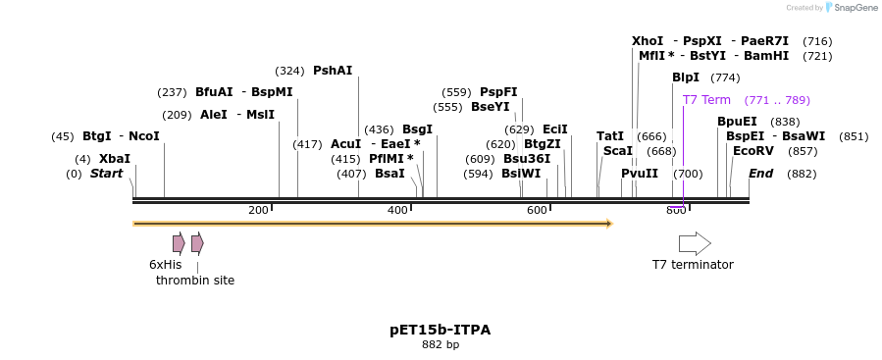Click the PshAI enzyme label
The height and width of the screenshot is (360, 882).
(x=333, y=71)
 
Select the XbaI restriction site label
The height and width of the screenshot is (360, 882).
(x=114, y=159)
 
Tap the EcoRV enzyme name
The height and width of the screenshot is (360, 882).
(x=753, y=151)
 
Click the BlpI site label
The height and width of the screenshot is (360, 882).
(x=686, y=77)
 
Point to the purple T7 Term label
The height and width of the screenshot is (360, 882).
(x=706, y=100)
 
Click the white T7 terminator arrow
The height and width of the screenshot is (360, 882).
(x=695, y=243)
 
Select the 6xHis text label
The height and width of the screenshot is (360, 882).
(x=165, y=265)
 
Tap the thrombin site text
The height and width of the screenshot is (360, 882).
(x=195, y=281)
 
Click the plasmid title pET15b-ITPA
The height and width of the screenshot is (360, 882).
(x=441, y=330)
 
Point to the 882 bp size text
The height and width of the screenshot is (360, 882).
(x=441, y=345)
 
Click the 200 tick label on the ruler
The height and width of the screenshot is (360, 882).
(x=258, y=211)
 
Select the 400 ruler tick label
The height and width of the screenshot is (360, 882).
(x=397, y=211)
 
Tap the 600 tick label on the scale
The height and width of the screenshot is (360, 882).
(x=537, y=211)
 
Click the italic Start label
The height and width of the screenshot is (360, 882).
(x=106, y=174)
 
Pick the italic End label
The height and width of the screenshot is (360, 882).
(x=760, y=174)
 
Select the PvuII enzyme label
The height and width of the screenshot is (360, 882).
(x=640, y=174)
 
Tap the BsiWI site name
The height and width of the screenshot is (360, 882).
(x=521, y=174)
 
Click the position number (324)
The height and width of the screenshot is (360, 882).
(x=289, y=71)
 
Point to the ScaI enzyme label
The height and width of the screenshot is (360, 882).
(x=618, y=151)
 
